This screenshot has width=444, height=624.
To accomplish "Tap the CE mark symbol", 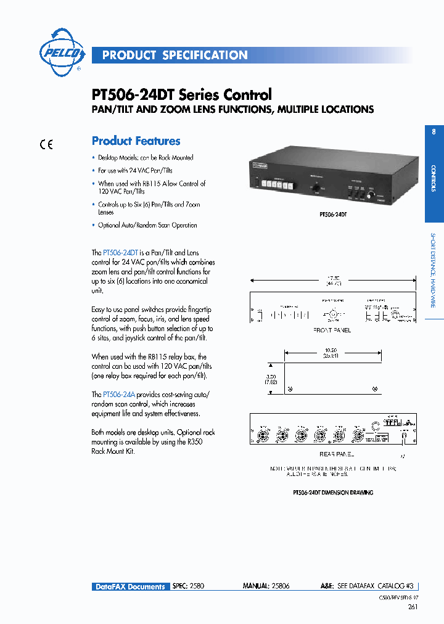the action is click(x=46, y=146).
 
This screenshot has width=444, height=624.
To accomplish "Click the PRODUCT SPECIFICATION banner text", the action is click(x=175, y=55).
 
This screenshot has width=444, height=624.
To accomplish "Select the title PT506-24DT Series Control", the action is click(x=181, y=95).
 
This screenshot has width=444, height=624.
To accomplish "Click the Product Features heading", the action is click(x=136, y=141).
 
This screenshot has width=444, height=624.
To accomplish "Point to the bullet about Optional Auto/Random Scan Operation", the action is click(x=147, y=225).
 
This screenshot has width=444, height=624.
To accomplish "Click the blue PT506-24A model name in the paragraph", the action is click(x=120, y=394).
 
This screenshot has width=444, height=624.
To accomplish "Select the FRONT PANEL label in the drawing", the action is click(x=332, y=330).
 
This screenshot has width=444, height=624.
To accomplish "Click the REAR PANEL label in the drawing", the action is click(x=337, y=454).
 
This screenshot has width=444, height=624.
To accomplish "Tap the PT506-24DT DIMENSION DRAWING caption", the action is click(x=332, y=493).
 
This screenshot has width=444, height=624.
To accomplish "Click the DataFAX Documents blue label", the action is click(x=130, y=586).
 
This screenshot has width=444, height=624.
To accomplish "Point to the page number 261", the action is click(x=413, y=607).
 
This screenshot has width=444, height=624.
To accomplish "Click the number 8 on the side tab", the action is click(x=434, y=131).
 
